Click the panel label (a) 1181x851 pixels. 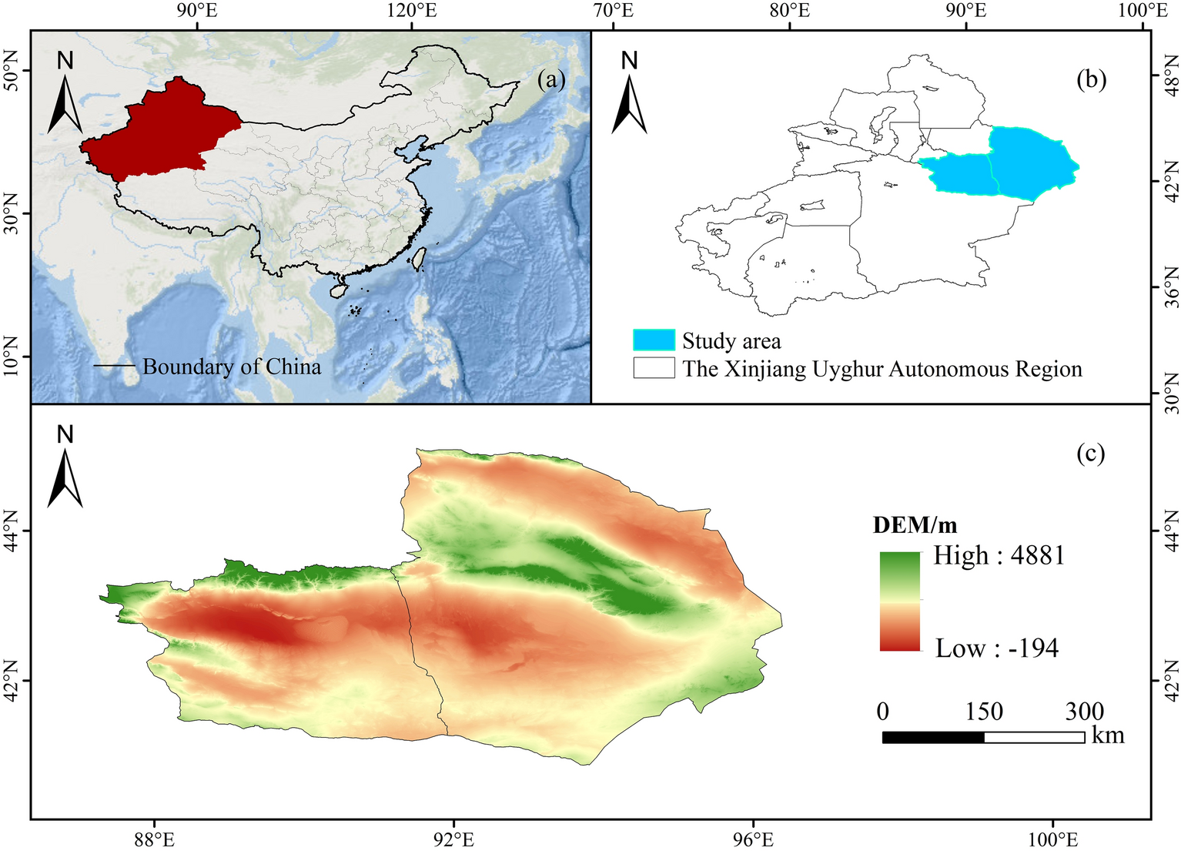click(551, 79)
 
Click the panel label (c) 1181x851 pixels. click(1090, 454)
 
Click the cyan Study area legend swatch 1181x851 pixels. click(654, 340)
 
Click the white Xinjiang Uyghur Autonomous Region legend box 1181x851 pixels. click(654, 368)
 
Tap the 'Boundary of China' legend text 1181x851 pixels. click(232, 367)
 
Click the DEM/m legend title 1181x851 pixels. click(915, 525)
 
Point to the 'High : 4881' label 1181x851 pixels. click(999, 555)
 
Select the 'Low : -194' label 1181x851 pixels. click(997, 648)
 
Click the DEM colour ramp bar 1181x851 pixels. click(900, 601)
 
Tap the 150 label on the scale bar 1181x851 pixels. click(984, 712)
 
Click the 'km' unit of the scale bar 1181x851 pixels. click(1108, 735)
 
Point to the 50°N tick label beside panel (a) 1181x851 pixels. click(11, 70)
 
